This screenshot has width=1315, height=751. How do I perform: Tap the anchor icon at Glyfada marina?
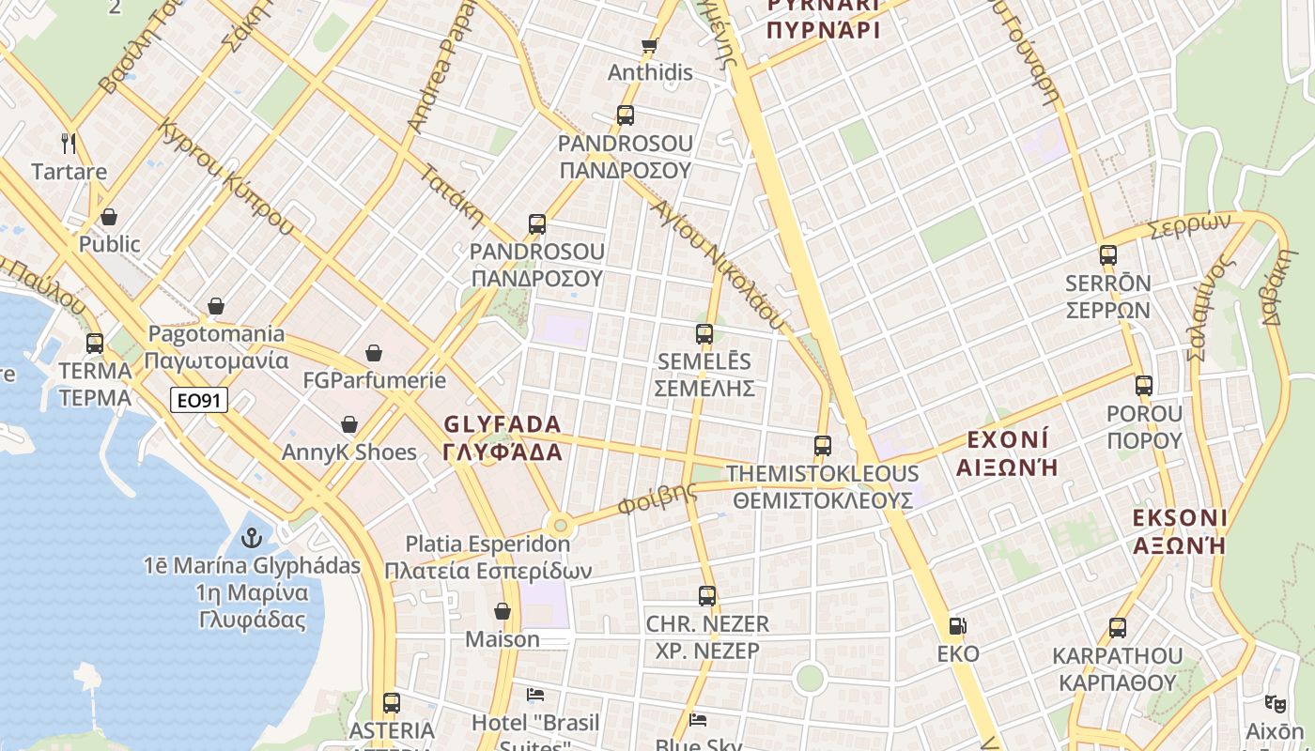251,538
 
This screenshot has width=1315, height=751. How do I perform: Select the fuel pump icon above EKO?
957,626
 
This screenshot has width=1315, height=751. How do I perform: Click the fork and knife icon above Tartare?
68,144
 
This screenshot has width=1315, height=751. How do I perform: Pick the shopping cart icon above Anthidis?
649,45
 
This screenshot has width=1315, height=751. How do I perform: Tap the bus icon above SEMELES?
704,333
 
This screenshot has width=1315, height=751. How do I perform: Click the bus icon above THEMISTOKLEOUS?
823,446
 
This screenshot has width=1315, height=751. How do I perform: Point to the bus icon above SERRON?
1108,255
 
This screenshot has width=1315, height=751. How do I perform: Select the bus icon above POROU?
1144,386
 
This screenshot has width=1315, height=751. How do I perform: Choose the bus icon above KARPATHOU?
1118,628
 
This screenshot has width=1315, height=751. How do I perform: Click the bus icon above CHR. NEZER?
707,596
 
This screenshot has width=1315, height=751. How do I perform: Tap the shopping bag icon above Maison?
503,611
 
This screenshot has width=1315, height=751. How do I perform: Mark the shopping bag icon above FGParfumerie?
374,353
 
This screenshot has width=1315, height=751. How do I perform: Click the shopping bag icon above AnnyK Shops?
349,425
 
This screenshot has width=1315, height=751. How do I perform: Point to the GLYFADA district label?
503,437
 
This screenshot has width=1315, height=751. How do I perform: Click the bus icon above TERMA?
95,344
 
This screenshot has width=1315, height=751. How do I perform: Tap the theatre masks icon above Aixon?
1275,703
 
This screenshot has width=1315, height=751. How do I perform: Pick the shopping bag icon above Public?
109,217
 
